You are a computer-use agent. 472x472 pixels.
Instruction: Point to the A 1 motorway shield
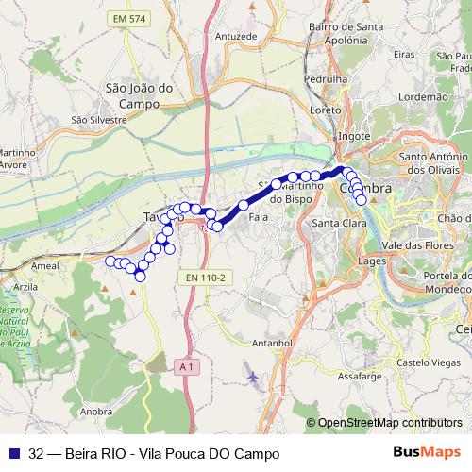[185, 365]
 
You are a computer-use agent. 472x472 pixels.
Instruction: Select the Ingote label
[354, 136]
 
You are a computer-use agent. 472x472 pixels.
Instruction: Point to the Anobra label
[98, 412]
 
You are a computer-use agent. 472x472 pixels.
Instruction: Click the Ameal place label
[45, 267]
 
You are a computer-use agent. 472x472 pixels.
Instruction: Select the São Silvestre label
[98, 120]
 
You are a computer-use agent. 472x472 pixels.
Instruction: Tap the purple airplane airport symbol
[252, 377]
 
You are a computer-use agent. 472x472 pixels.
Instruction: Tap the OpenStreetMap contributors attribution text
[390, 423]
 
